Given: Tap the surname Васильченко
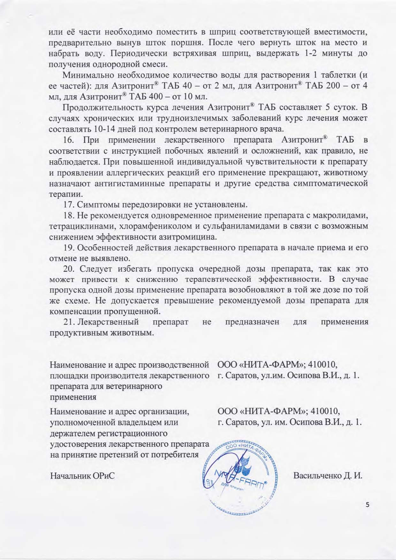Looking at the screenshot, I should [x=316, y=476].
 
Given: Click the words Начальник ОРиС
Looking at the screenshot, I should [x=82, y=476].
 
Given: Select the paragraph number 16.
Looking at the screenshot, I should [x=69, y=141].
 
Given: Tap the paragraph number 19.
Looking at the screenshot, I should [x=69, y=248].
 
